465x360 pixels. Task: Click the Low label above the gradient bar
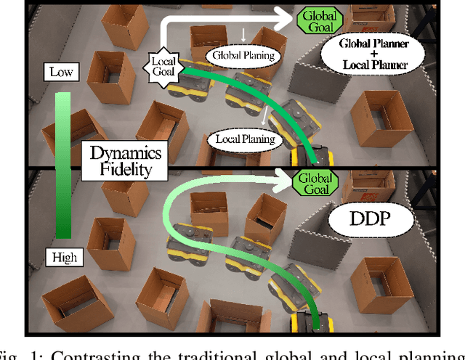60,71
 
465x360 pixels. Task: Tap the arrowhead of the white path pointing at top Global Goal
288,13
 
